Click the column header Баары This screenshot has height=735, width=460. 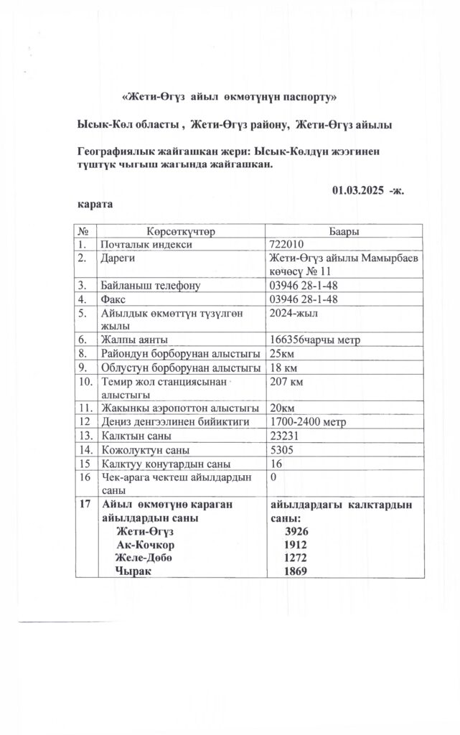pos(344,231)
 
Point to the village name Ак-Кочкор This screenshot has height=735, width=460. pos(146,544)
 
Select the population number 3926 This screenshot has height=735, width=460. pos(296,531)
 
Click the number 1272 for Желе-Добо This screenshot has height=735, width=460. pos(296,558)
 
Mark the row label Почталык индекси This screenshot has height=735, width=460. pos(148,244)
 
